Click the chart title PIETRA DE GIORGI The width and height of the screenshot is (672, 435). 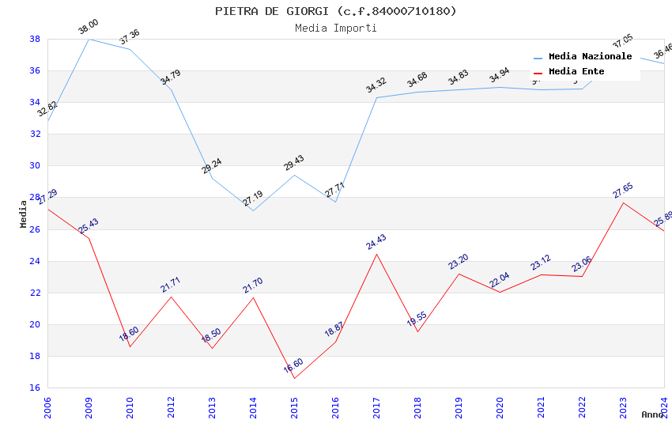335,11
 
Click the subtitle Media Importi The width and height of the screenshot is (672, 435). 335,28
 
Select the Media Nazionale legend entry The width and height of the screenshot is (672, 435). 590,57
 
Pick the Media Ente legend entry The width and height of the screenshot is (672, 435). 576,71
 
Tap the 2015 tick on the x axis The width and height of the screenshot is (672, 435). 294,408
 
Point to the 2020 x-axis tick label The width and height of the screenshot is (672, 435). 500,408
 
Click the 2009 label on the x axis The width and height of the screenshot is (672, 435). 89,408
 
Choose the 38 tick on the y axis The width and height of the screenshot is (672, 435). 35,39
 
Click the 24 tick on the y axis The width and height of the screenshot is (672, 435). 35,261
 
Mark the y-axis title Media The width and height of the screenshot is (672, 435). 24,214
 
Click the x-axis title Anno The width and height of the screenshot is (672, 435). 652,414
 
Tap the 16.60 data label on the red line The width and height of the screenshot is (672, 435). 293,366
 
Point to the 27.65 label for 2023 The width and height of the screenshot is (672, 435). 623,191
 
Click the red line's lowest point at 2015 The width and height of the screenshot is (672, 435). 294,378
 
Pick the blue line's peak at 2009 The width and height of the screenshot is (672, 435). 89,39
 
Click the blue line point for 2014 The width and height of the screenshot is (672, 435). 253,210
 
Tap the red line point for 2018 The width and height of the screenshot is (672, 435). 417,331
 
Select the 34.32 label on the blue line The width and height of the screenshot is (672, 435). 376,85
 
